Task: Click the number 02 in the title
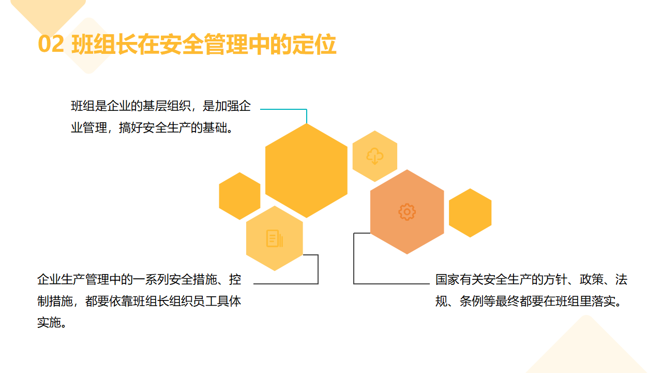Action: click(51, 44)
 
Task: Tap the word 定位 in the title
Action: click(314, 44)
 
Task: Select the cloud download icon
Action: click(375, 156)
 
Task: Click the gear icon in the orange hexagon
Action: click(407, 212)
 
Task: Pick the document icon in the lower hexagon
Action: click(275, 238)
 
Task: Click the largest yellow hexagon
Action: click(306, 170)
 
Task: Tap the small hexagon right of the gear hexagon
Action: click(470, 213)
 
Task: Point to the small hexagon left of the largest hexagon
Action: click(239, 196)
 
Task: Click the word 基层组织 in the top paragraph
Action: click(167, 106)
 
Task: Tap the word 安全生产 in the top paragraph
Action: click(167, 128)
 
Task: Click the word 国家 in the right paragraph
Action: click(447, 279)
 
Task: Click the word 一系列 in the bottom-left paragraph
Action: click(151, 279)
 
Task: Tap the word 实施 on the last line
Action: click(49, 323)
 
